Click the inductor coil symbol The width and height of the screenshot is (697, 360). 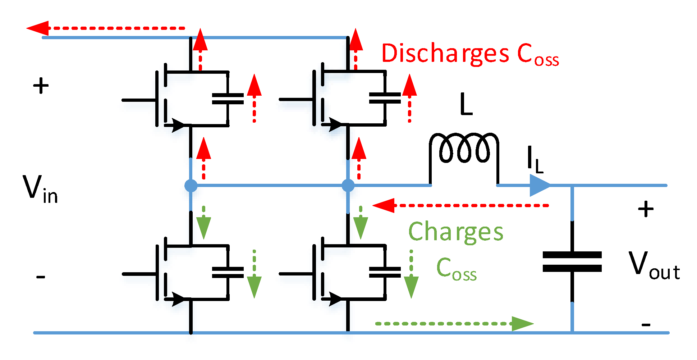464,148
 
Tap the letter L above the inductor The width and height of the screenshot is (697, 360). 466,104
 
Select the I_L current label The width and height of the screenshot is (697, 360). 534,159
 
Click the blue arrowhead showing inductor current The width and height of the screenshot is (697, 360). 539,186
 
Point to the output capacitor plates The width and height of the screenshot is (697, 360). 572,261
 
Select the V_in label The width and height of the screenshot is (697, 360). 40,189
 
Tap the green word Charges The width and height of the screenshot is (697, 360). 455,232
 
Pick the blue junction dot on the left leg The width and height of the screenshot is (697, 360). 191,186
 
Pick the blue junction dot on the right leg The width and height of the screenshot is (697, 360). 348,186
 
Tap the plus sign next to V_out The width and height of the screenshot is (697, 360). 646,209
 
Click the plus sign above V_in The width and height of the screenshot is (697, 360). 41,86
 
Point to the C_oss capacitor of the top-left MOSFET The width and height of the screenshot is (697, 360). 228,99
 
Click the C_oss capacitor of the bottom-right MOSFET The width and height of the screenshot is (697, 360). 385,273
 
